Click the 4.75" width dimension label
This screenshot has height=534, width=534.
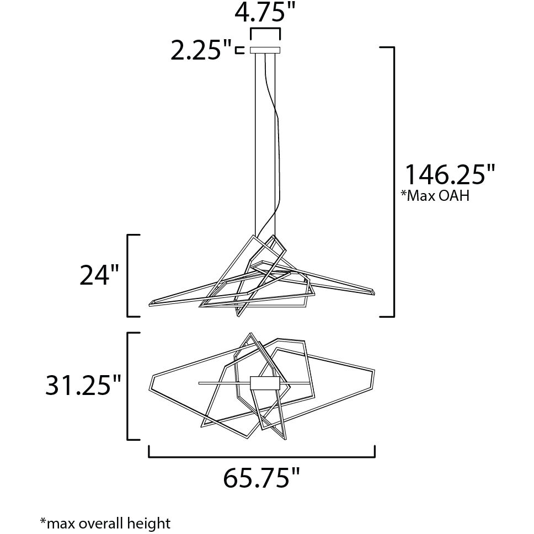coord(265,12)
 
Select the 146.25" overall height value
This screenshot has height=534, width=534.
coord(450,175)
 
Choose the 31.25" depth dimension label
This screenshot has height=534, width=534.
coord(83,386)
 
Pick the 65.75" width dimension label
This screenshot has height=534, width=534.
coord(262,478)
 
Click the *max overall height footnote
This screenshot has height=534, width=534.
coord(105,523)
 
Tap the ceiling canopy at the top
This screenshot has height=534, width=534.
coord(265,50)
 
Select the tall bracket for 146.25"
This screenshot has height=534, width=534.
coord(393,182)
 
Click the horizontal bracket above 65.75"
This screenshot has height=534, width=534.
coord(262,456)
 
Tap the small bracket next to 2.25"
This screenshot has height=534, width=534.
coord(239,51)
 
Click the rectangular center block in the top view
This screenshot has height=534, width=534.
coord(265,383)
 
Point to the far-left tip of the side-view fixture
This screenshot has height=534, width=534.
coord(151,303)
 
